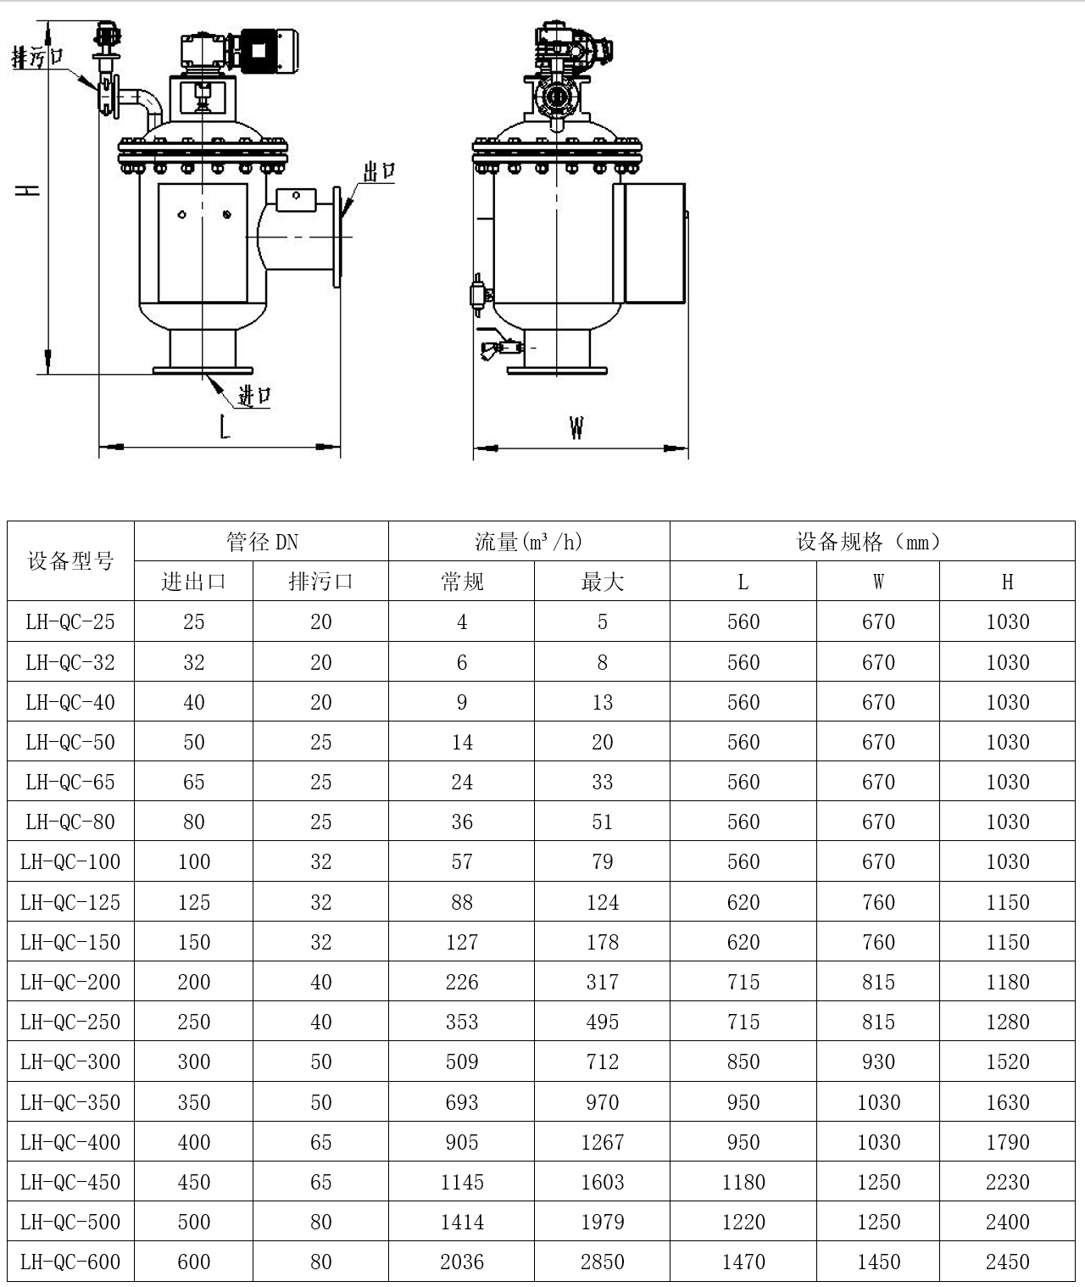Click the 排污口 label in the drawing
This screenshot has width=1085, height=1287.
click(x=37, y=58)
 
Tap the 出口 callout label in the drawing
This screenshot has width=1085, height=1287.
click(x=379, y=171)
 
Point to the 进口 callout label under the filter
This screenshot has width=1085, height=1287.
click(x=254, y=395)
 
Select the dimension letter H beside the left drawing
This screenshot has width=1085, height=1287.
click(x=27, y=191)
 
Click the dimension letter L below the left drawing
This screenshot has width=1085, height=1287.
click(x=225, y=426)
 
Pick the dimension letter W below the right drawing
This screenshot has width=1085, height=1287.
click(x=576, y=427)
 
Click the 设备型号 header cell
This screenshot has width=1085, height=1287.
click(x=71, y=561)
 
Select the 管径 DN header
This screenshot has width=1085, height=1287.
click(x=262, y=542)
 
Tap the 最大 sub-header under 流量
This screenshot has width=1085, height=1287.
click(x=603, y=582)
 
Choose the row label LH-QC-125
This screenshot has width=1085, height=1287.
click(x=70, y=902)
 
